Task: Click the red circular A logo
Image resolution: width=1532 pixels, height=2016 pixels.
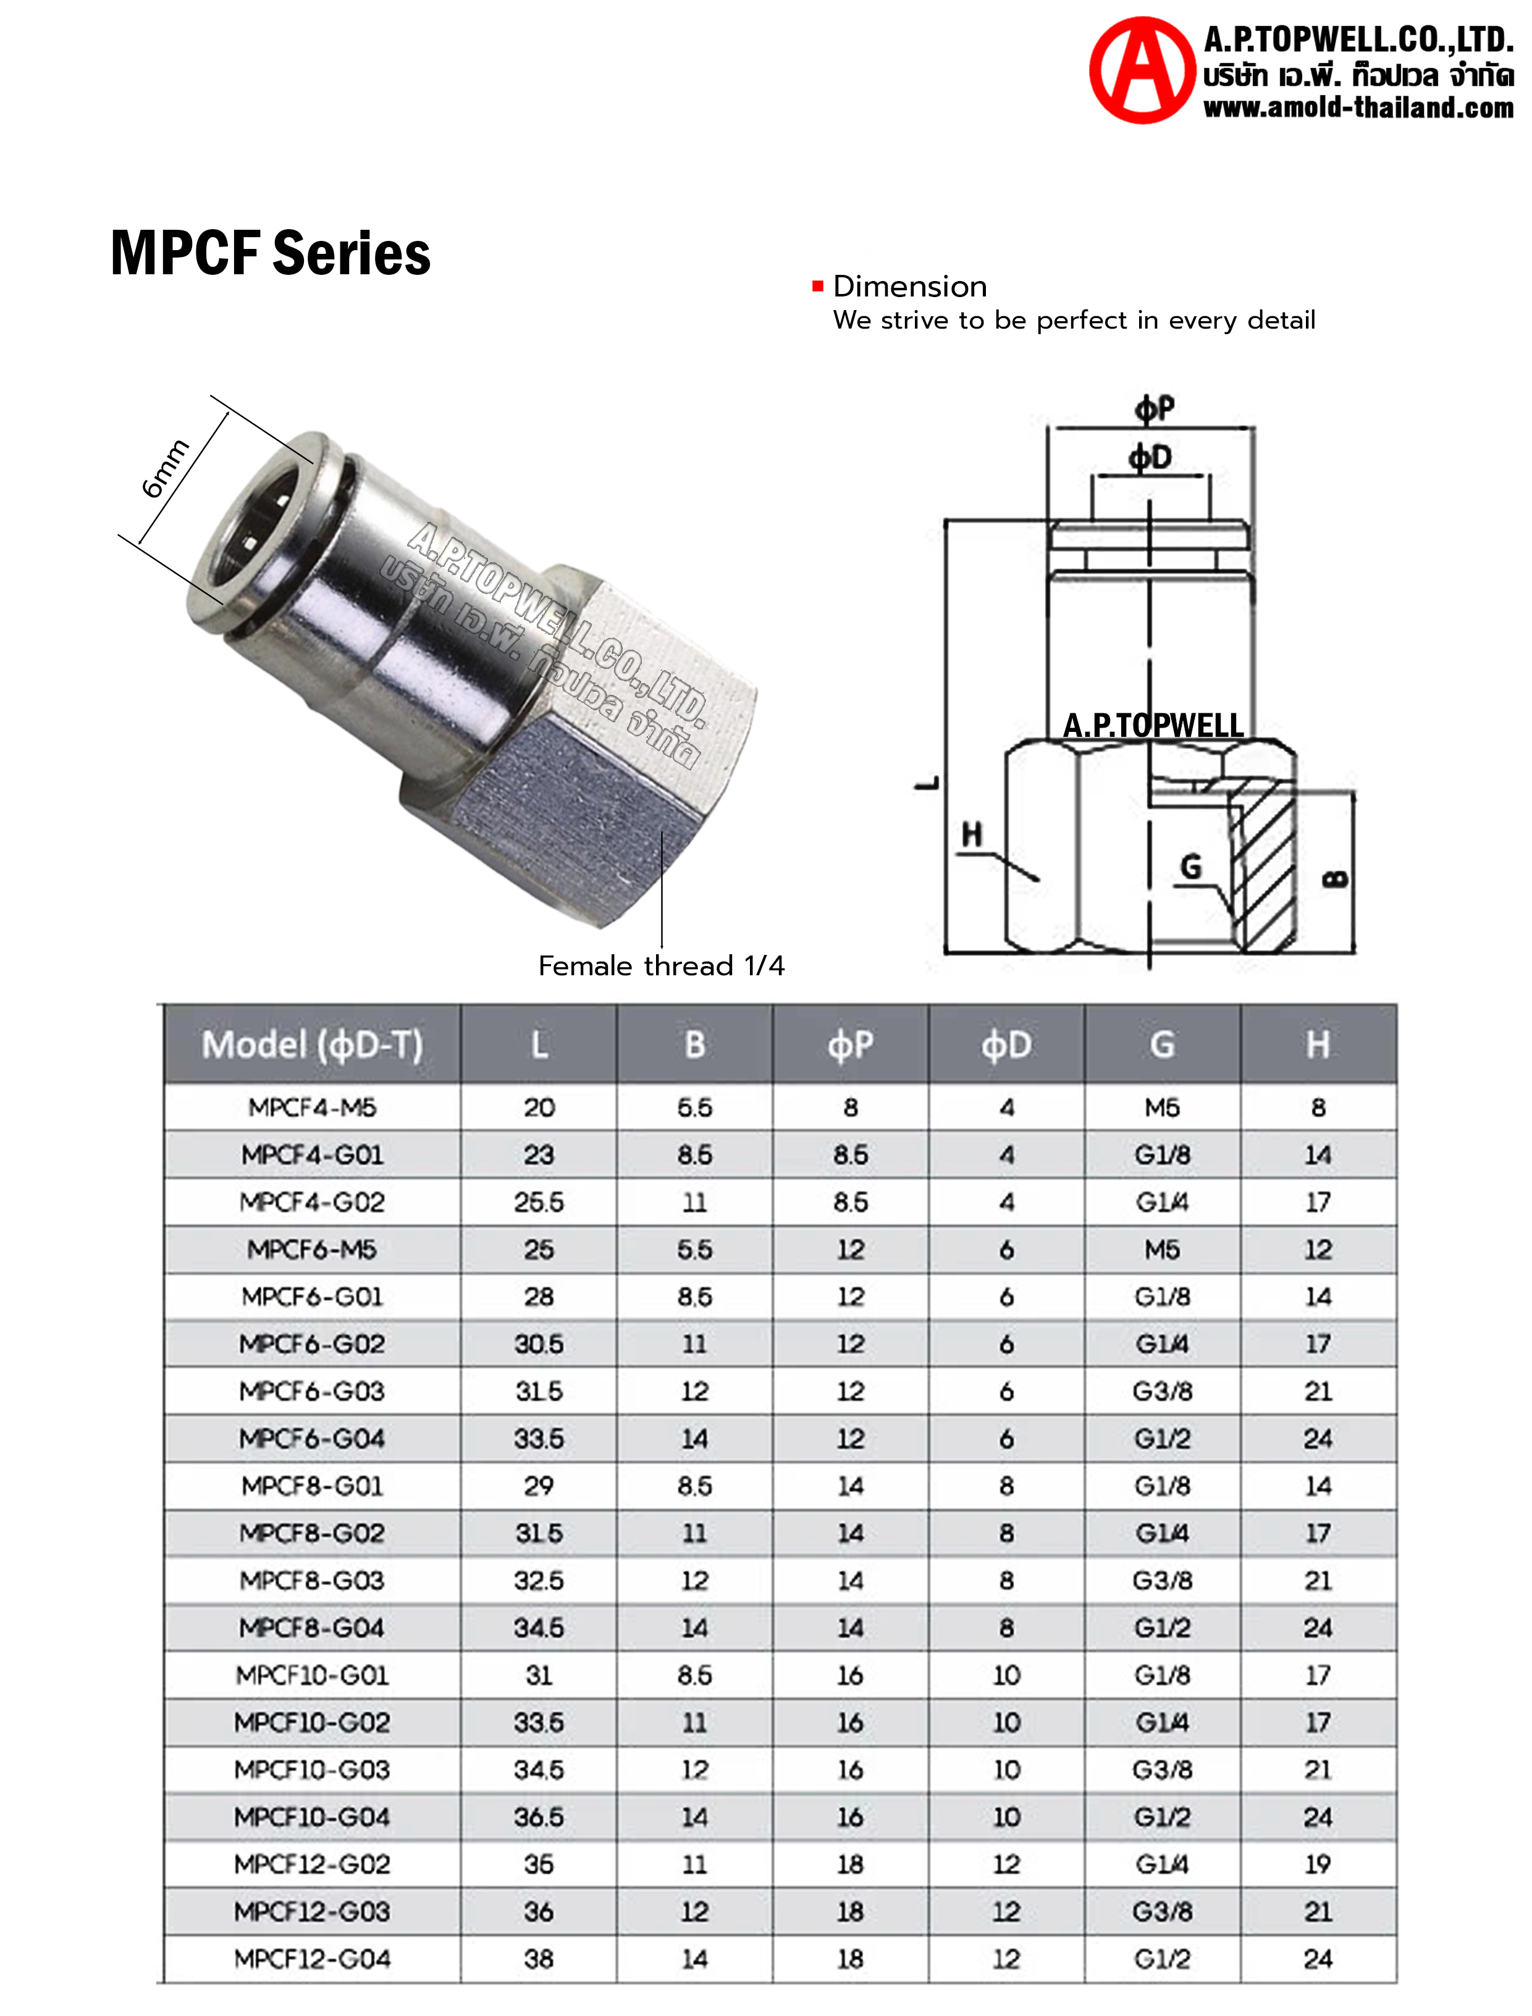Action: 1142,70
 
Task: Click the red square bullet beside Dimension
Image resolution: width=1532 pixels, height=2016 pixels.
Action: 818,287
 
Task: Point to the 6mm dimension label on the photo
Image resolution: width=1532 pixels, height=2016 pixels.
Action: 165,469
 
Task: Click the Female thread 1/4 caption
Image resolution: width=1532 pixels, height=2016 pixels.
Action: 661,965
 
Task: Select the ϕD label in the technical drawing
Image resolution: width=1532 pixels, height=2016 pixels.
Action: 1150,458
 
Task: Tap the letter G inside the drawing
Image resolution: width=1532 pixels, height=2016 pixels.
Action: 1191,866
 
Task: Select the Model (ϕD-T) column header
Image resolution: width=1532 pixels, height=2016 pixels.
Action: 312,1045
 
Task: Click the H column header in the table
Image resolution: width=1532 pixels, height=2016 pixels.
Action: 1318,1045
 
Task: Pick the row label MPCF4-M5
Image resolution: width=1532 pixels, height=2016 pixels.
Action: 312,1108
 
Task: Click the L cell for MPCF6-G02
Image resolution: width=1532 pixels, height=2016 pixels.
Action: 538,1344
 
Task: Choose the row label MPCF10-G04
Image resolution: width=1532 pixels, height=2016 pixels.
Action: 312,1817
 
